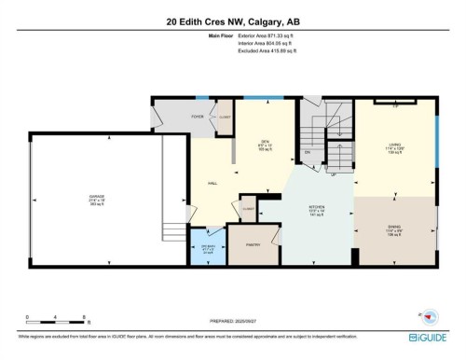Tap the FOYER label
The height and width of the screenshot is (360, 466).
198,117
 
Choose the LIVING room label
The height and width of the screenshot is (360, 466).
394,146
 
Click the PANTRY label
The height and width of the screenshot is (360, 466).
252,244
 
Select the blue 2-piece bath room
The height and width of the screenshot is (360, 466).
207,249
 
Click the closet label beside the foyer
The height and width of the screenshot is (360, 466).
225,117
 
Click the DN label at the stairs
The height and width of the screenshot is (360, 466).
307,152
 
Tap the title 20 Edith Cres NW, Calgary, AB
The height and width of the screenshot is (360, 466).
233,21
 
